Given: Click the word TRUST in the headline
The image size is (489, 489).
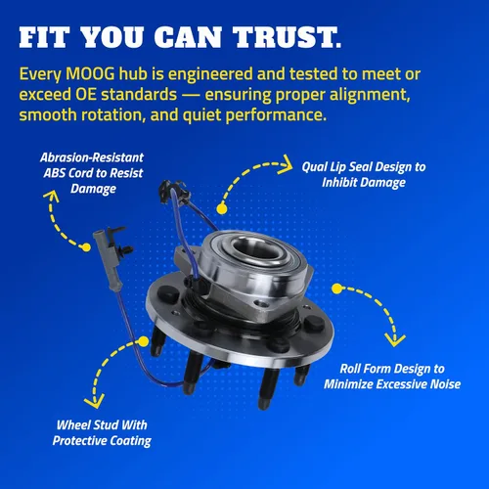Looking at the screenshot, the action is pos(287,37).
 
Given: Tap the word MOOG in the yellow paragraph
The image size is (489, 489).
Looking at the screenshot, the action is pos(90,74).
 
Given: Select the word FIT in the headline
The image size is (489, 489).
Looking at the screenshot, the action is pos(44,37).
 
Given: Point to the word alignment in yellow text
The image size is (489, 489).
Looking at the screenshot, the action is pos(370,95).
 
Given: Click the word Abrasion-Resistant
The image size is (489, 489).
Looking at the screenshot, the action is pos(92,157).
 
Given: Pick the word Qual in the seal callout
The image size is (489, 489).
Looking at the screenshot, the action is pos(314,167).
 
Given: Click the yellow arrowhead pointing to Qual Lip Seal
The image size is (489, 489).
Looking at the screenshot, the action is pos(285,164).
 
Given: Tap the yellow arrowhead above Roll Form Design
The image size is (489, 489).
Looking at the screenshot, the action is pos(395,340).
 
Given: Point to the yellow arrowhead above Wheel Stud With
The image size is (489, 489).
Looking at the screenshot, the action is pos(94,401).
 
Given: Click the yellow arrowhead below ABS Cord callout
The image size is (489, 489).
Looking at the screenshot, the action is pos(51,197).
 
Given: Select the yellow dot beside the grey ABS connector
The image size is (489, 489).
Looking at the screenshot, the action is pos(86,247).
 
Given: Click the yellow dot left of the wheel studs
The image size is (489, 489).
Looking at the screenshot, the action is pos(144,341).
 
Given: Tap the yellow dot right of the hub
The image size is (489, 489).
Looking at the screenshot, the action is pos(337,289).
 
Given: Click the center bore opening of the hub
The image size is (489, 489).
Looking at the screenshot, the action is pos(253,248).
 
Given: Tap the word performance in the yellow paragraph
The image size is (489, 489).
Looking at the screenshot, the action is pos(276,115).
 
